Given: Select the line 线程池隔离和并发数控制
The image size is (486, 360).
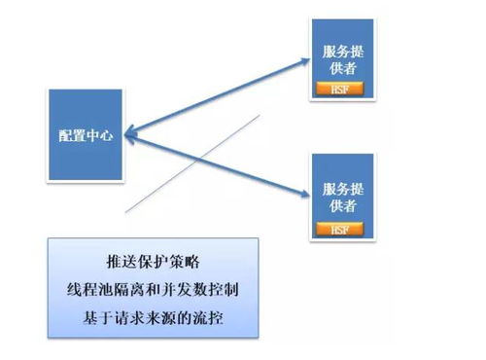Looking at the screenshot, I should tap(154, 290).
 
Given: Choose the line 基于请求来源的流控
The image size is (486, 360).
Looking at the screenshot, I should tap(154, 317).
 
